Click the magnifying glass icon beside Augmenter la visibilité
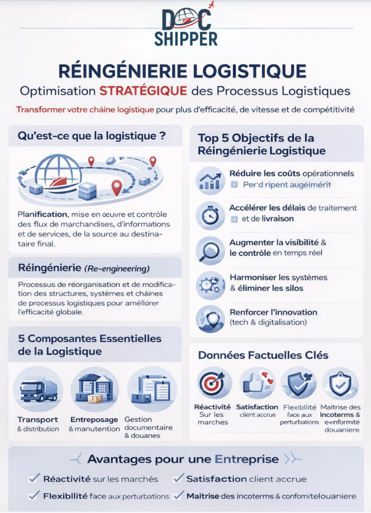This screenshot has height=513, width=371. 210,249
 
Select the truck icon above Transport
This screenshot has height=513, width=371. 38,390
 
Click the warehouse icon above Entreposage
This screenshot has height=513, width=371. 94,390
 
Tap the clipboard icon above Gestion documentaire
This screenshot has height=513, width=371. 151,390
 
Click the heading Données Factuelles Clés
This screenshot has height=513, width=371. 263,355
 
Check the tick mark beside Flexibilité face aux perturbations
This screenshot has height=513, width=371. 34,495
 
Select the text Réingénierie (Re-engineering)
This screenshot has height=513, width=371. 83,269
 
